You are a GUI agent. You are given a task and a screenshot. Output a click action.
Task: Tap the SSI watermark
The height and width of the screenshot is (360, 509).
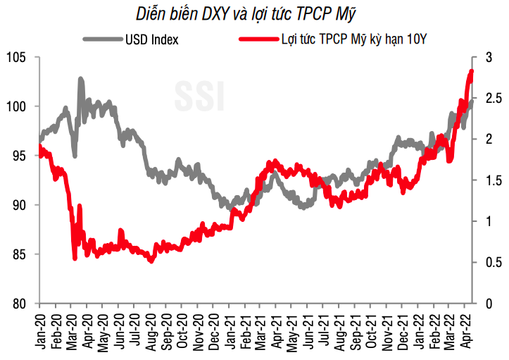[x=199, y=97]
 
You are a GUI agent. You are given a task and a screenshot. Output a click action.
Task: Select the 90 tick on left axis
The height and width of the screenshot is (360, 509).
[x=17, y=205]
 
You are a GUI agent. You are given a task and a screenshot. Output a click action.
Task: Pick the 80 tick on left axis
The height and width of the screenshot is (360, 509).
[x=17, y=304]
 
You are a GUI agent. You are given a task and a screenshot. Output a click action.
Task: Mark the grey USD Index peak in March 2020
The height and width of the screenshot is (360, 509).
[x=81, y=80]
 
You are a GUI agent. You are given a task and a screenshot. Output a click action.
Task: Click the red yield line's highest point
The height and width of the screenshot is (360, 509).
[x=471, y=71]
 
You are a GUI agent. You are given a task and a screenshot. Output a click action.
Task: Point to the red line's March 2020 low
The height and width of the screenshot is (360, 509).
[x=75, y=259]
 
